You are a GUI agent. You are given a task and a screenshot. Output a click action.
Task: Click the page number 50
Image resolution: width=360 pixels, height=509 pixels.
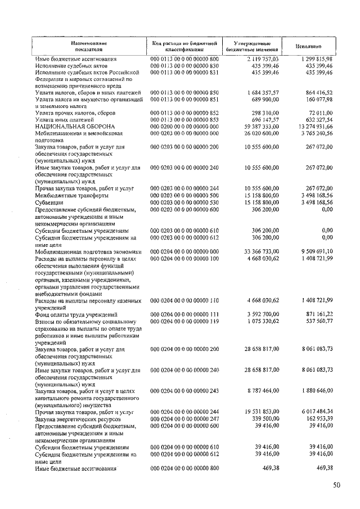(336, 485)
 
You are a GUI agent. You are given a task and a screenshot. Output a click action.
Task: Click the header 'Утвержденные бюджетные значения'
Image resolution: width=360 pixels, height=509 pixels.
(252, 46)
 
